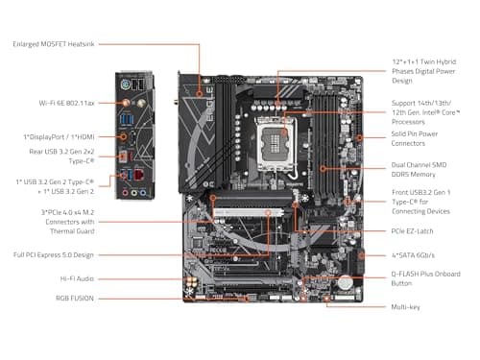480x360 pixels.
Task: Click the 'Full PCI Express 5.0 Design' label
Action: (53, 255)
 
